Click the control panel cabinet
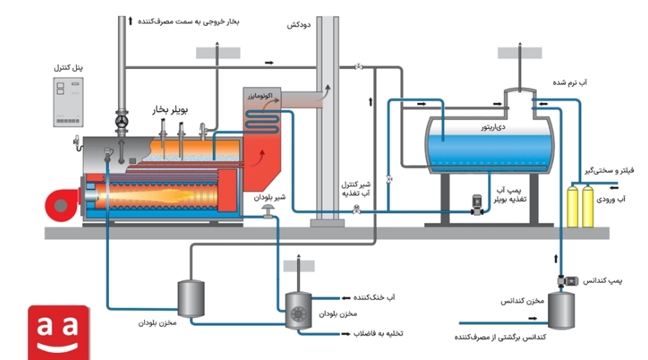[x=68, y=102]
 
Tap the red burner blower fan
[x=63, y=205]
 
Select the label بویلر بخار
[x=170, y=110]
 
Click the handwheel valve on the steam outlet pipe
[x=122, y=122]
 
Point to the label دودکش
[x=299, y=24]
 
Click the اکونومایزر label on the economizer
[x=260, y=96]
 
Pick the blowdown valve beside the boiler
[x=269, y=211]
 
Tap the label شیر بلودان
[x=269, y=197]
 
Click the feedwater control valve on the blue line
[x=356, y=210]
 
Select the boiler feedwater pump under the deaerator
[x=477, y=205]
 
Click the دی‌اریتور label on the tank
[x=493, y=127]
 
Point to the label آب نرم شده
[x=570, y=83]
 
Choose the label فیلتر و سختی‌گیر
[x=609, y=171]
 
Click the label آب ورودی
[x=611, y=199]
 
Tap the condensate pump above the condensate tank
[x=568, y=281]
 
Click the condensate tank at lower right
[x=561, y=310]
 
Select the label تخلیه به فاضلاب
[x=378, y=333]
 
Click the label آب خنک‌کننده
[x=374, y=297]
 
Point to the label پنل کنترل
[x=68, y=68]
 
